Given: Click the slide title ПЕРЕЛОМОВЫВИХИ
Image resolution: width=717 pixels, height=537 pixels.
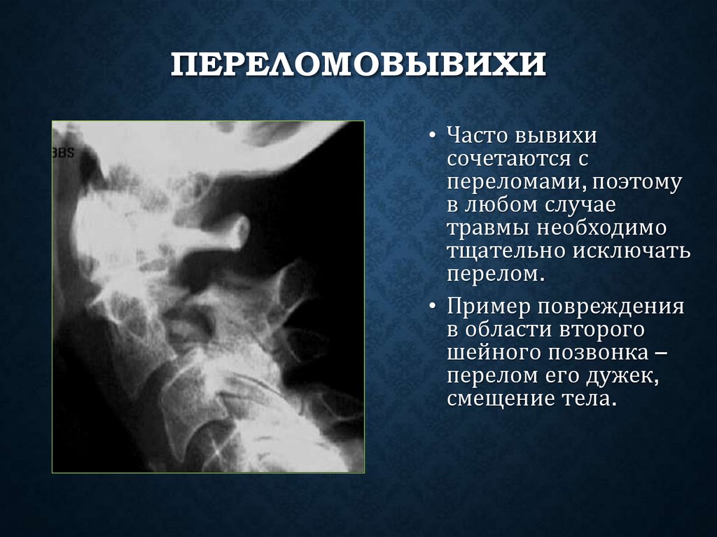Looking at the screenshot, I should (358, 67).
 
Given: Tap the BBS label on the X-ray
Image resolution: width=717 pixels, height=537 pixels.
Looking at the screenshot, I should (63, 153).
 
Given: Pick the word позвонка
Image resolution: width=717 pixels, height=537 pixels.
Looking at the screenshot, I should (599, 354).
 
